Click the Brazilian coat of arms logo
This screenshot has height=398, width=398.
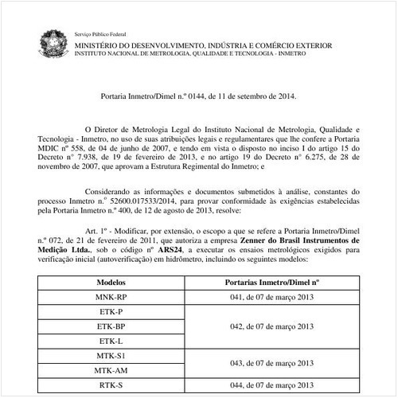tap(55, 42)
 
